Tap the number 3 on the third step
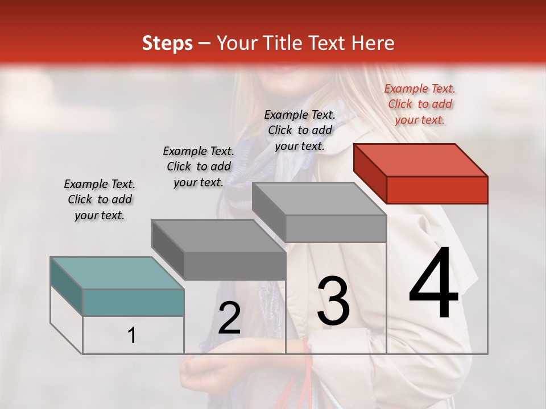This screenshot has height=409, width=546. (x=333, y=301)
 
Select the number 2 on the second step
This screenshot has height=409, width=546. (x=229, y=318)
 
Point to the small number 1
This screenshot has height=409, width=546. (x=132, y=336)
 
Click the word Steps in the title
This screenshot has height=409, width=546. (x=167, y=43)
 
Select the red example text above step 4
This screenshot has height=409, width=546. (x=420, y=104)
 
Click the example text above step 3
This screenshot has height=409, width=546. (x=300, y=130)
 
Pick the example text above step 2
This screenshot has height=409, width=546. (x=198, y=166)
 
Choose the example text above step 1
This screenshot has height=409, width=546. (x=99, y=199)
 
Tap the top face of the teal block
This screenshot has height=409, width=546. (x=117, y=273)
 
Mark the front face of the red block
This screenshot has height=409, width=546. (x=437, y=190)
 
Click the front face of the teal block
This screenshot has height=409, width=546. (x=133, y=302)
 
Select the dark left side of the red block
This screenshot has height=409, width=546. (x=370, y=173)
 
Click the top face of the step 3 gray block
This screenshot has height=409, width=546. (x=319, y=199)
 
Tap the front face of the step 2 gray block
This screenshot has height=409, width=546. (x=234, y=266)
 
